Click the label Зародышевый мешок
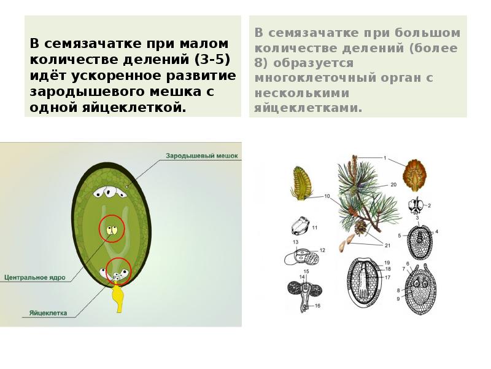click(201, 156)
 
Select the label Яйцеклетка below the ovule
click(48, 312)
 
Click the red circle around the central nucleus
click(111, 230)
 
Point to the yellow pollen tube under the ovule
click(118, 298)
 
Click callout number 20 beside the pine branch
click(393, 183)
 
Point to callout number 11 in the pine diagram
click(314, 228)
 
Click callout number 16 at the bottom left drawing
click(317, 306)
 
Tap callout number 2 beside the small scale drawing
click(429, 205)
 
